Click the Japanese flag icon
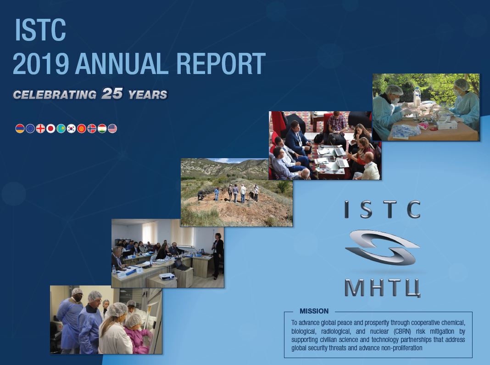point(50,128)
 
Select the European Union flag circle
point(30,128)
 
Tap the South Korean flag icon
point(71,128)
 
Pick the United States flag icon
point(112,128)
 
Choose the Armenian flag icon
point(20,128)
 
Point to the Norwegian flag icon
point(92,128)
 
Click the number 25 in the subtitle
point(112,94)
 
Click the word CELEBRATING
point(55,95)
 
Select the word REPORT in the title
point(221,63)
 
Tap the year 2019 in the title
point(40,63)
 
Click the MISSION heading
point(314,311)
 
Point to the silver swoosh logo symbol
point(382,248)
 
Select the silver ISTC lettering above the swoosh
point(383,210)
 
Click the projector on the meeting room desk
point(167,276)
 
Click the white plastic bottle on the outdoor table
point(417,97)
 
